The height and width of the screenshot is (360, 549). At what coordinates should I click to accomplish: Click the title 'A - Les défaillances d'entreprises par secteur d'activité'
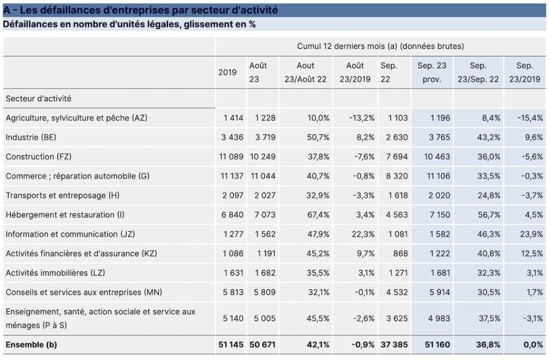point(140,10)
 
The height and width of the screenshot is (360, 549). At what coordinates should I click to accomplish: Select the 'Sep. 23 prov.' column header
point(432,72)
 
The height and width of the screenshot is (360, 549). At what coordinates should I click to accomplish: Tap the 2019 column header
point(227,72)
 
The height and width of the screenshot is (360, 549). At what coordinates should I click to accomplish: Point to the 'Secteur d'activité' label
point(39,99)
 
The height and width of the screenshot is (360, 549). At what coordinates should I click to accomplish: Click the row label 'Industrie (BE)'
point(31,137)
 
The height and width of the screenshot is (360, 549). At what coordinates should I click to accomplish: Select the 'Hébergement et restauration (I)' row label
point(65,215)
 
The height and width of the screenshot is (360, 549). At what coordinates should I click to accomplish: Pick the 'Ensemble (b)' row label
point(31,344)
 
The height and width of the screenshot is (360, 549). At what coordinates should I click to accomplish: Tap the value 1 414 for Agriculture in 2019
point(234,118)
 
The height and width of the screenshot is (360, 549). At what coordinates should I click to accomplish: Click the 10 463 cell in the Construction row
point(437,157)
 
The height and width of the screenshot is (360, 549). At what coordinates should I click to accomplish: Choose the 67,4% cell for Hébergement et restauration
point(318,215)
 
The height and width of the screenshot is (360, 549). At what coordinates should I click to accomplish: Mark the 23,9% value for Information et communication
point(531,234)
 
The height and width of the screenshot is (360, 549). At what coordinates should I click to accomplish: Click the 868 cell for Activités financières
point(400,253)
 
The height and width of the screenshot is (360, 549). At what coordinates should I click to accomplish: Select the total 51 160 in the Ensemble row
point(437,344)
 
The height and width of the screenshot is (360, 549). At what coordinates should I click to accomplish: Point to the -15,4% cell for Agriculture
point(530,118)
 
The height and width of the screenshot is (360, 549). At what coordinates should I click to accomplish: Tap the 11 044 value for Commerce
point(263,176)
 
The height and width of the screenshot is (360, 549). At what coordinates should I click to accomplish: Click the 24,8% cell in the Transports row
point(489,195)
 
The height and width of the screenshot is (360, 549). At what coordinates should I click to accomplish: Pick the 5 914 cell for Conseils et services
point(440,292)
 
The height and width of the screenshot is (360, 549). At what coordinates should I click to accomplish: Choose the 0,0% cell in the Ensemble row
point(533,344)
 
